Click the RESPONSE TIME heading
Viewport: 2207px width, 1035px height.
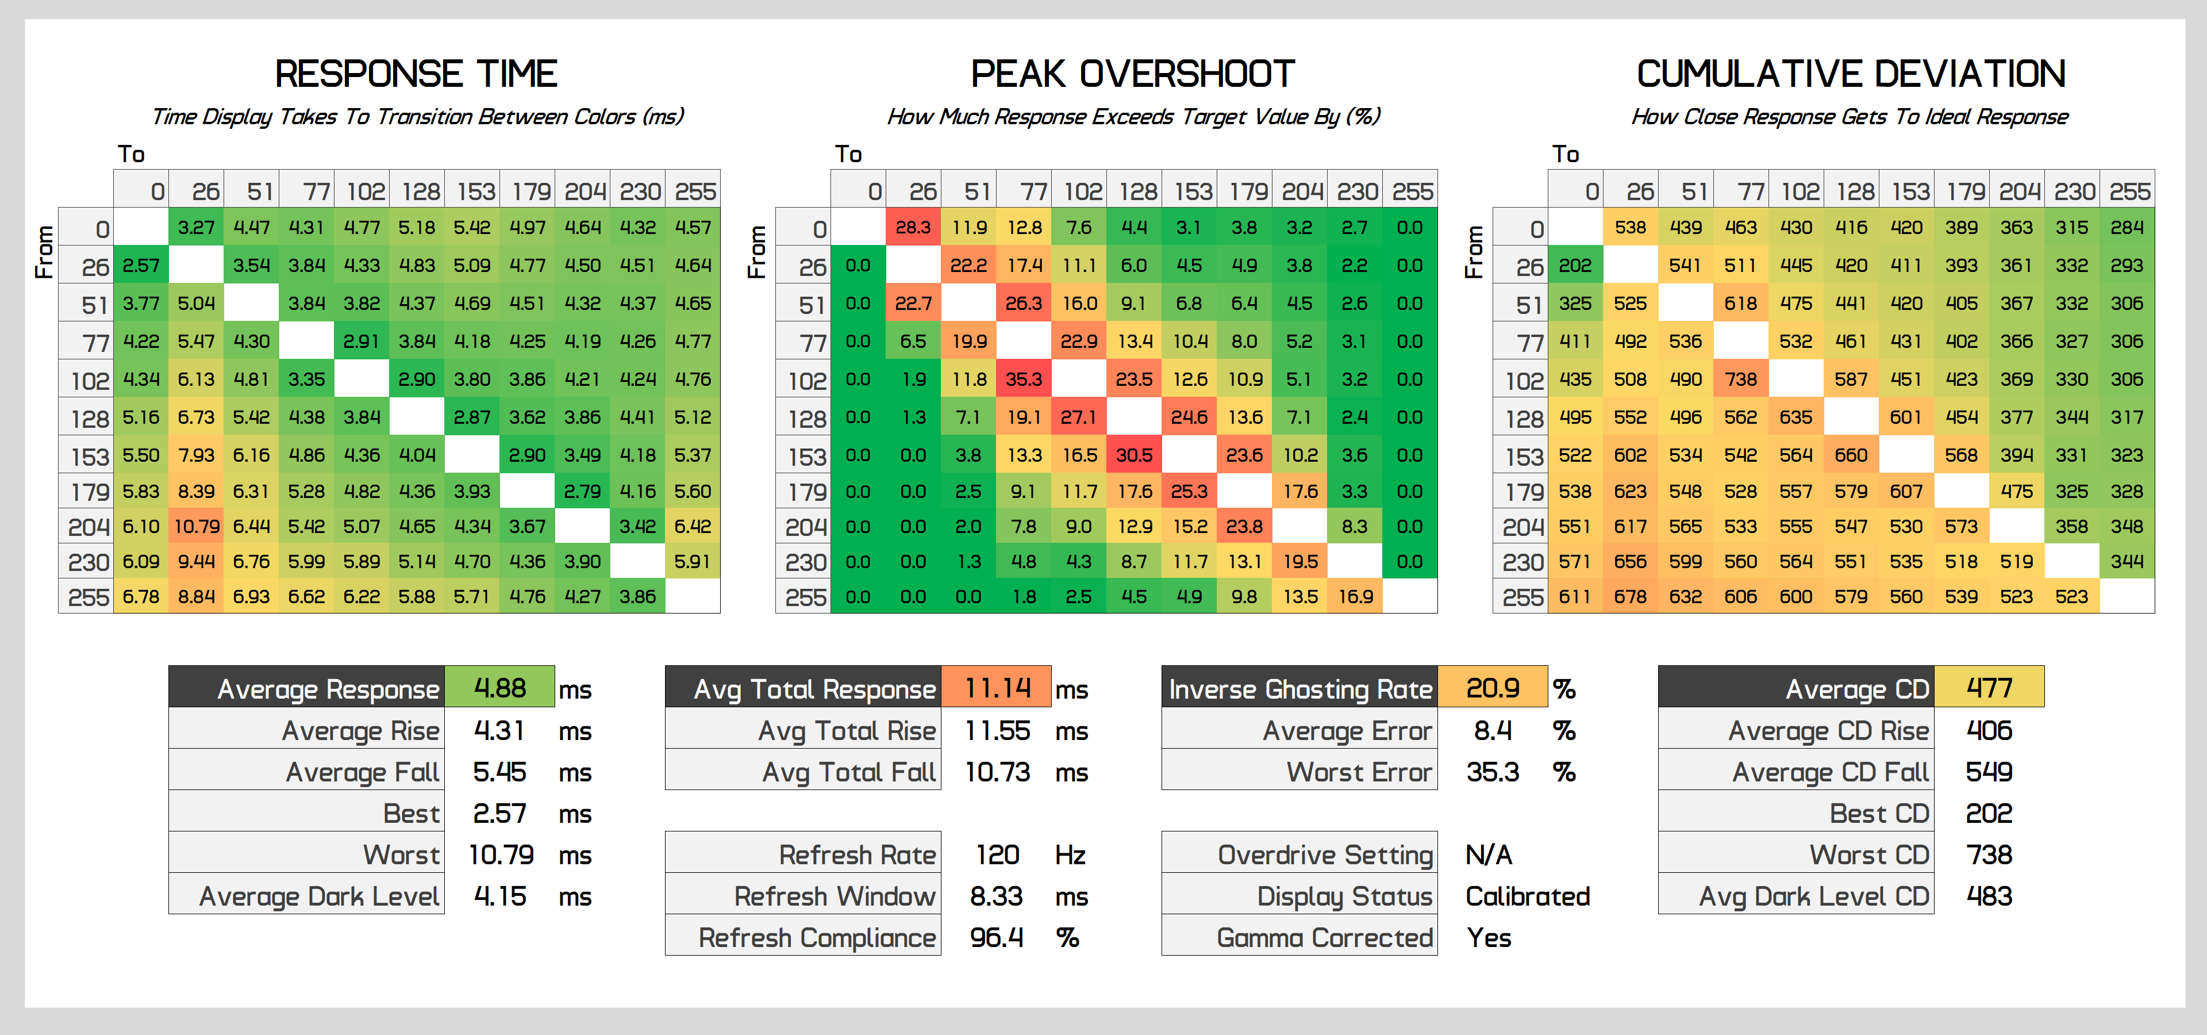416,75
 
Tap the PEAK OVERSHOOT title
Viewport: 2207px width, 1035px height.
1133,75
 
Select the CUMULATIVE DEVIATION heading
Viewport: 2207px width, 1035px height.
1851,75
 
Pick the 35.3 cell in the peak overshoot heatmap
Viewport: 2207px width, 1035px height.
1024,379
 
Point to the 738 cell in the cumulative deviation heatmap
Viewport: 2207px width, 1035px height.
1740,379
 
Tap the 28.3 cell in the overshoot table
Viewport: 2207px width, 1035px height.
913,227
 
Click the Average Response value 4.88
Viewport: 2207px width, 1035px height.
499,688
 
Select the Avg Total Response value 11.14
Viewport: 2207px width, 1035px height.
997,688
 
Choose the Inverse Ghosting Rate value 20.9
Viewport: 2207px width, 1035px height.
1493,688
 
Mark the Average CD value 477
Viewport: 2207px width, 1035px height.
1989,688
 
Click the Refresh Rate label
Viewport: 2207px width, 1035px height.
857,854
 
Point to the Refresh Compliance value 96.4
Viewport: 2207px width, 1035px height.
997,937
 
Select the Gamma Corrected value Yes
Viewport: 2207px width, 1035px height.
1489,937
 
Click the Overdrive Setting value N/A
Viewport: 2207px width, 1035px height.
1489,854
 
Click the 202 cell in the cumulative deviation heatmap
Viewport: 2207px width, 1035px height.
1575,266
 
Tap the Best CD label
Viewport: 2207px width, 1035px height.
1879,813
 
